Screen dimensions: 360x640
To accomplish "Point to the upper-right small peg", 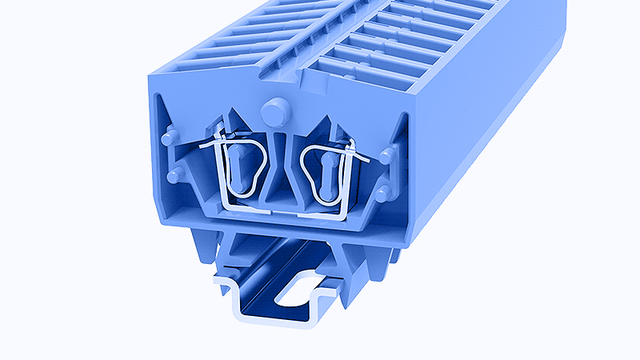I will pos(386,155).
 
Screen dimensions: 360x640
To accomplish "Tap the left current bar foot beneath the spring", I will pos(240,210).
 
